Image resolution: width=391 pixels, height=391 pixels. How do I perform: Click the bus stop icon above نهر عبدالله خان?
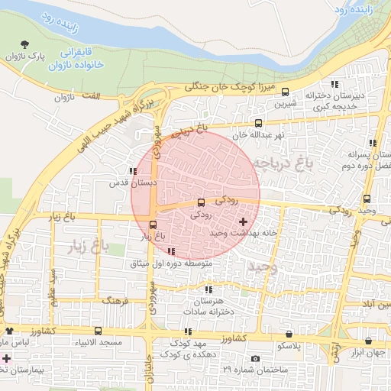pos(258,123)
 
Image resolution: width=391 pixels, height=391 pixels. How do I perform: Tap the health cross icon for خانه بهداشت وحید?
pos(243,221)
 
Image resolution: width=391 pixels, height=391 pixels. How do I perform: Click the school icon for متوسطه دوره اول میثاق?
pos(171,251)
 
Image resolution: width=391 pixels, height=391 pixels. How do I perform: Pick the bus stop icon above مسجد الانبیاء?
pos(98,331)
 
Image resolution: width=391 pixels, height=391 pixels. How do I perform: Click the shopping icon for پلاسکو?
pos(288,334)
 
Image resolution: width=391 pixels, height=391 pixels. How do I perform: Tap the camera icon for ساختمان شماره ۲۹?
pos(255,359)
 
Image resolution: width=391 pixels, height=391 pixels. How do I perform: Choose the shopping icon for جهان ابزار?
pos(370,341)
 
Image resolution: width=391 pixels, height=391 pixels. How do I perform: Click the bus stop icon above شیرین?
pos(285,92)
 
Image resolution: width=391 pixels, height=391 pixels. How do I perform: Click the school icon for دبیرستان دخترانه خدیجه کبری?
pos(334,84)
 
